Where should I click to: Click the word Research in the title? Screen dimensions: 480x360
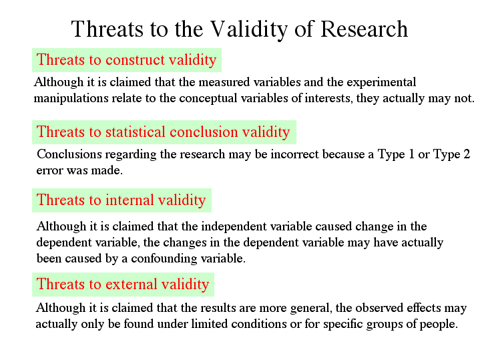pos(364,29)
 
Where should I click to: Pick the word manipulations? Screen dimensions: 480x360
pos(71,98)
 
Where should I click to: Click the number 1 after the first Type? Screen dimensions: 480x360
pos(412,154)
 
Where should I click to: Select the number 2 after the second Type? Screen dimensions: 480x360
pos(467,154)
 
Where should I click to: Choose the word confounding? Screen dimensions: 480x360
pos(164,258)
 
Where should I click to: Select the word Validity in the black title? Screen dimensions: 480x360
pos(249,29)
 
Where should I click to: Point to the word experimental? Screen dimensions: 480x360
pos(381,82)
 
